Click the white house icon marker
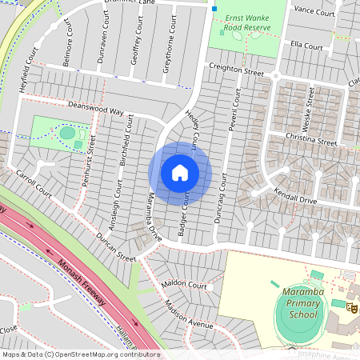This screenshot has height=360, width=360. (x=180, y=172)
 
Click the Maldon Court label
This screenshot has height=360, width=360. (x=184, y=285)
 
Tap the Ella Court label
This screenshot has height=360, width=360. (x=306, y=46)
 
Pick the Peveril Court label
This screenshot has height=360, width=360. (x=235, y=112)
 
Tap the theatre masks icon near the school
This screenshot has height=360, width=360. (x=351, y=305)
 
